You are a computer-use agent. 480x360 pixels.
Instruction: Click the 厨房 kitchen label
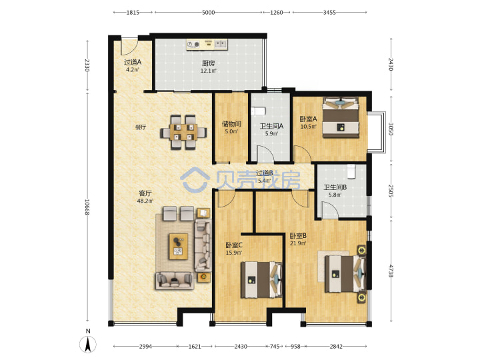click(208, 63)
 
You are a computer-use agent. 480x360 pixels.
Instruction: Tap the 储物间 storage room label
click(231, 124)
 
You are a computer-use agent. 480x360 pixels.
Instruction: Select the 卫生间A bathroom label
click(271, 126)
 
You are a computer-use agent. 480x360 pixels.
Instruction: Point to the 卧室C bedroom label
click(234, 245)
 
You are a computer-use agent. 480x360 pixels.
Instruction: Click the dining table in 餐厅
click(183, 132)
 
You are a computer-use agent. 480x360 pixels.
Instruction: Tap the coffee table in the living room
click(179, 247)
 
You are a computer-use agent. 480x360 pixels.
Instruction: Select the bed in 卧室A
click(341, 117)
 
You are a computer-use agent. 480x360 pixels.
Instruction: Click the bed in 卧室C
click(261, 279)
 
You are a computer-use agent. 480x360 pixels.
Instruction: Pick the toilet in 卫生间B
click(351, 171)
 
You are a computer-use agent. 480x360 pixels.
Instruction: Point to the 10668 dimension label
click(87, 207)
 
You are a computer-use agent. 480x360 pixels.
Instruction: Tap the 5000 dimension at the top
click(208, 13)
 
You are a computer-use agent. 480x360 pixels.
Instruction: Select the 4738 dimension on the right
click(391, 271)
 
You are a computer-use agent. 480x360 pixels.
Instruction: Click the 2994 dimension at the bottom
click(145, 347)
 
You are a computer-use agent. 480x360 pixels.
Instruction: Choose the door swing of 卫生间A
click(265, 154)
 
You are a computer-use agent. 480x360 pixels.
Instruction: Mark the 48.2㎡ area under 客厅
click(145, 201)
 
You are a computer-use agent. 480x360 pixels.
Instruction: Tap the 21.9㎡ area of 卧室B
click(298, 243)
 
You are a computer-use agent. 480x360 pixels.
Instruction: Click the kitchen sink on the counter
click(221, 44)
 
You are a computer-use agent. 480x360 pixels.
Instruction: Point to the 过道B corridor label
click(265, 173)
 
